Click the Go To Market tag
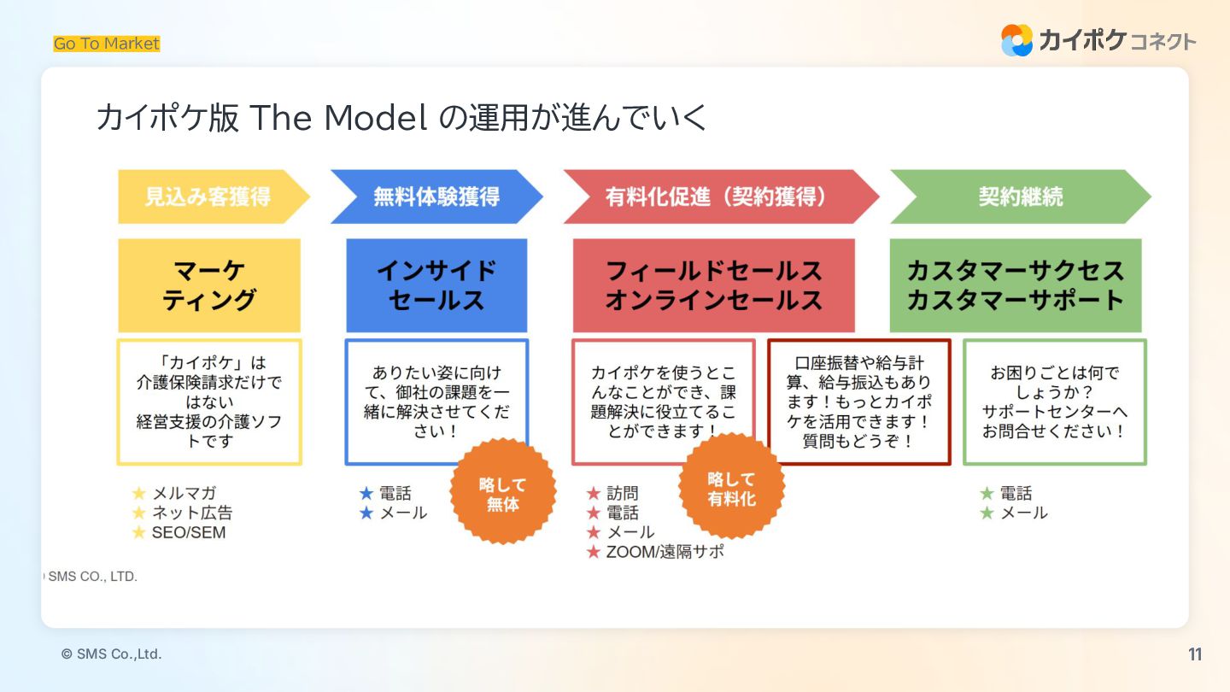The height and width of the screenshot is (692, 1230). (107, 44)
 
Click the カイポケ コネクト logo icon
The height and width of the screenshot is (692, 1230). (1016, 40)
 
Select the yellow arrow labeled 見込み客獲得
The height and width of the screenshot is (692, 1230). (210, 196)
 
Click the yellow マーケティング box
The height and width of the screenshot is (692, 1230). (209, 285)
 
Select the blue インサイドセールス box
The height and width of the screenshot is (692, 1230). (436, 285)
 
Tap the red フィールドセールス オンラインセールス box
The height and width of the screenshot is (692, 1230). (713, 285)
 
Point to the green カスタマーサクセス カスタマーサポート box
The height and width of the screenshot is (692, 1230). (1016, 285)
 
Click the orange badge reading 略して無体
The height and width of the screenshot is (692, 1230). (503, 492)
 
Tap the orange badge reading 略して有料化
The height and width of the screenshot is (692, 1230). (731, 488)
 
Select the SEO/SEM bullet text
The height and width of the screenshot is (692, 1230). (189, 532)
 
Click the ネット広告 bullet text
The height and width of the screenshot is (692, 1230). (192, 513)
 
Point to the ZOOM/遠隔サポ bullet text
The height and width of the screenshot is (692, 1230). (665, 552)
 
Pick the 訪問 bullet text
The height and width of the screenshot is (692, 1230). (622, 494)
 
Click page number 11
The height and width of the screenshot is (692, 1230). (1195, 654)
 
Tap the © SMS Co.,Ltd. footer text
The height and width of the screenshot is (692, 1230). (111, 654)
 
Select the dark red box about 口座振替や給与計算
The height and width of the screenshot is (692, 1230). (859, 402)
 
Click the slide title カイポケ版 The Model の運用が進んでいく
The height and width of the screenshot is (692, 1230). (401, 118)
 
